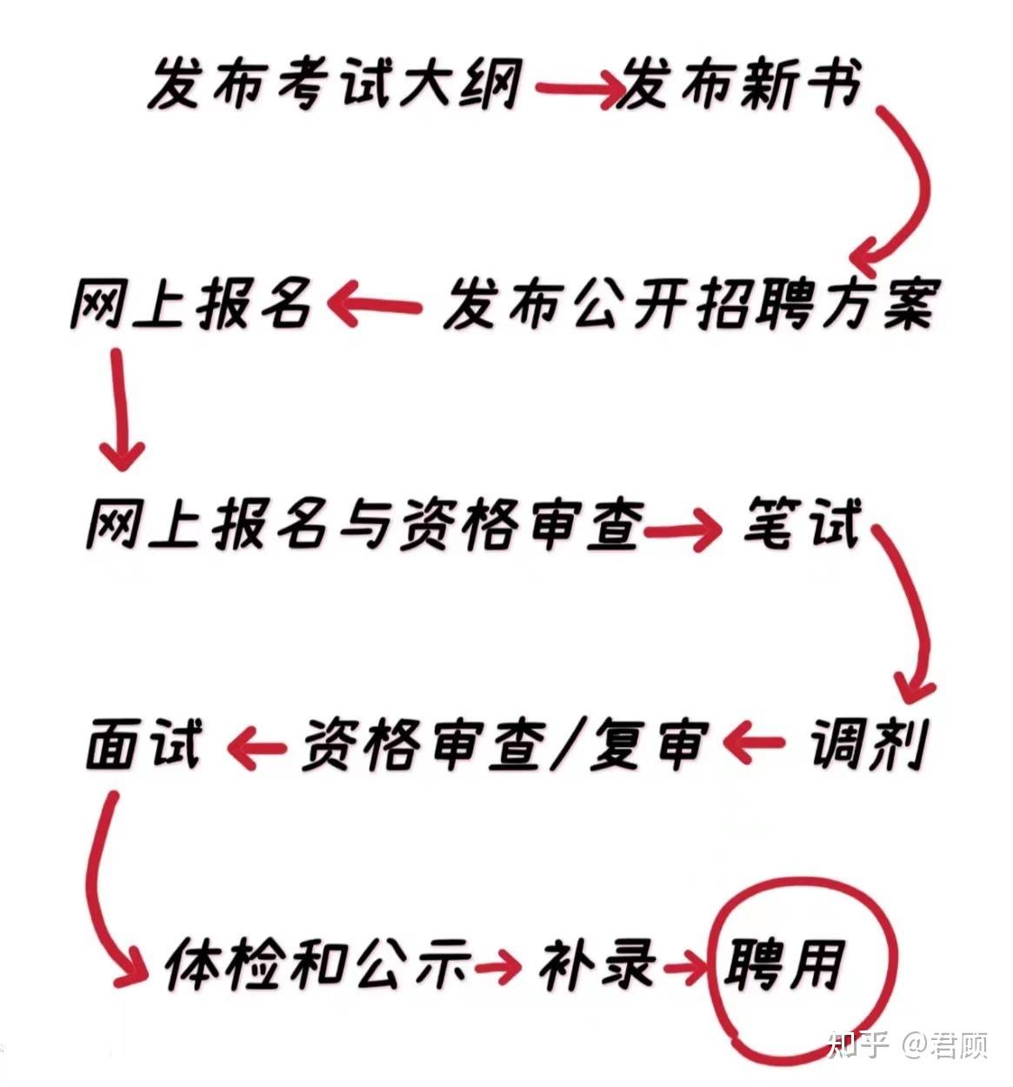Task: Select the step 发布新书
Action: (x=739, y=84)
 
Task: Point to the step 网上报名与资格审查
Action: (x=365, y=525)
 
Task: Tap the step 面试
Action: (x=144, y=745)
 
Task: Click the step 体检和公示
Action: (x=317, y=964)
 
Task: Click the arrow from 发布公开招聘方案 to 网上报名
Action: (x=375, y=306)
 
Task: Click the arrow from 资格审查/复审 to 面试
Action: (x=256, y=746)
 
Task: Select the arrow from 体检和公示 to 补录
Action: (x=497, y=964)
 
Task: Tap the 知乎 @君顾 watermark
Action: (x=909, y=1044)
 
